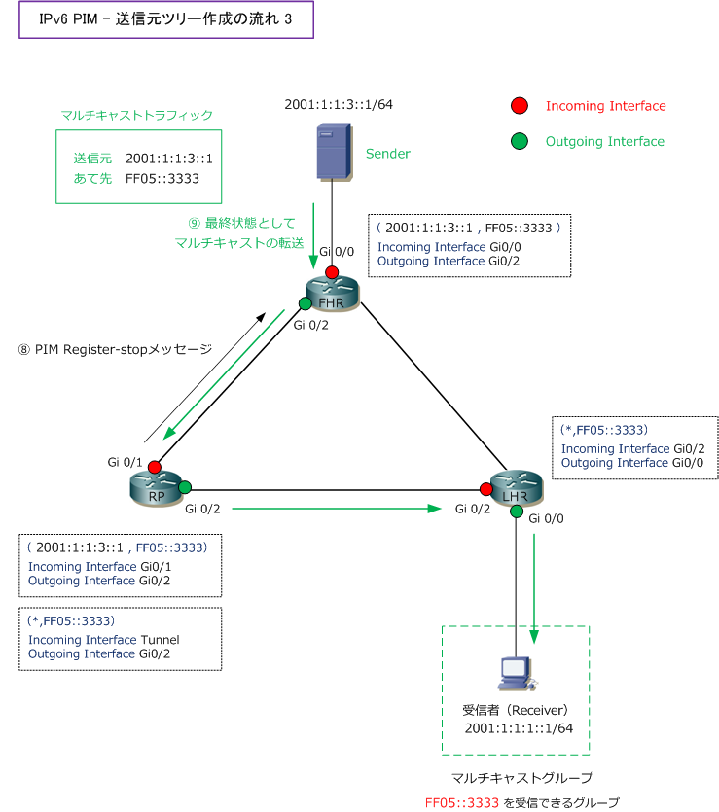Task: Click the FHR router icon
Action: pos(333,294)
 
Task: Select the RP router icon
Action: pos(155,489)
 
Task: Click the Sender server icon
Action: pos(333,152)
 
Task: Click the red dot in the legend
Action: pos(520,106)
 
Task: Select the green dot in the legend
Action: pos(520,142)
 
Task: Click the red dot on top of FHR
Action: pos(333,271)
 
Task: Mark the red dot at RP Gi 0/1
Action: pos(155,468)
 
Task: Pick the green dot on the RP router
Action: pos(185,487)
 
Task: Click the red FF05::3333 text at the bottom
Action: pos(462,802)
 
